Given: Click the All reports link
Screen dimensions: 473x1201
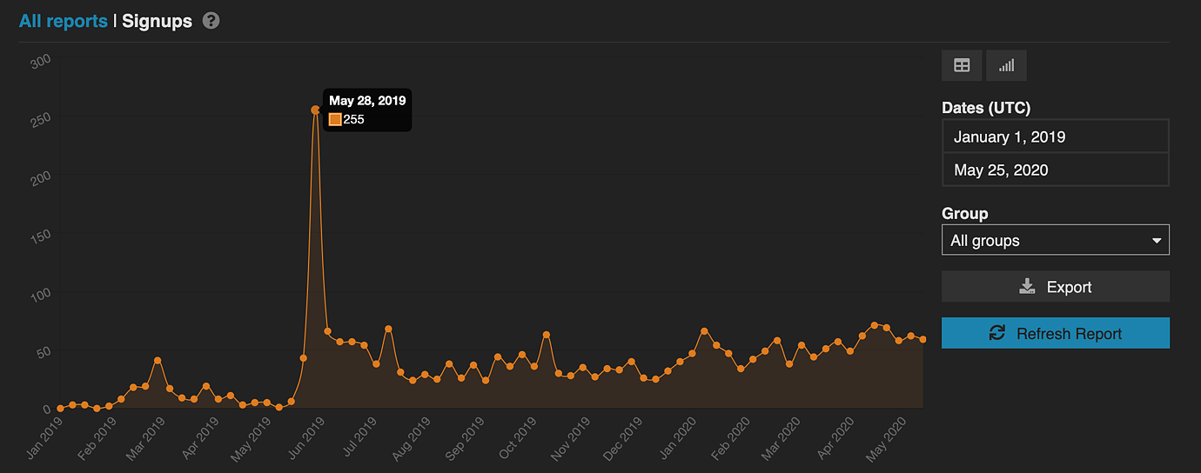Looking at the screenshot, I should [64, 21].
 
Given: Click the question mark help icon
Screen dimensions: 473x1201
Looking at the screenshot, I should [211, 21].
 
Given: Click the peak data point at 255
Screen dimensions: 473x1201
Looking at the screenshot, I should [315, 110].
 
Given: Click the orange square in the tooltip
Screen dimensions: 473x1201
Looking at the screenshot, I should [335, 119].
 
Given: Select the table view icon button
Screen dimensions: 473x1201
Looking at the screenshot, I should [962, 65].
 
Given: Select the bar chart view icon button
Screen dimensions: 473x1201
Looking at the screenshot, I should [1006, 65].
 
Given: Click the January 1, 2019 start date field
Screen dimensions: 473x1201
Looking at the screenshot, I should [1055, 137].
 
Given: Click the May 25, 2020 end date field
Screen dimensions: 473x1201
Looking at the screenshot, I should [1055, 170].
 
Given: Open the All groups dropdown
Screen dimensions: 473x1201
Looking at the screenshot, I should [1055, 240].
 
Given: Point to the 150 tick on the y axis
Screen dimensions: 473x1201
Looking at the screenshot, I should [40, 236].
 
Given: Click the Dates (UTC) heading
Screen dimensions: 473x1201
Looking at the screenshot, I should [986, 109].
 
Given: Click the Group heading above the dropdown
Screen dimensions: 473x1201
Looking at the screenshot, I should [965, 213].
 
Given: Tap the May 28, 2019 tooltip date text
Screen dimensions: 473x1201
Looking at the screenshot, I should [367, 101].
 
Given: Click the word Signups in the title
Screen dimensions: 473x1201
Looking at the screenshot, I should [157, 21].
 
